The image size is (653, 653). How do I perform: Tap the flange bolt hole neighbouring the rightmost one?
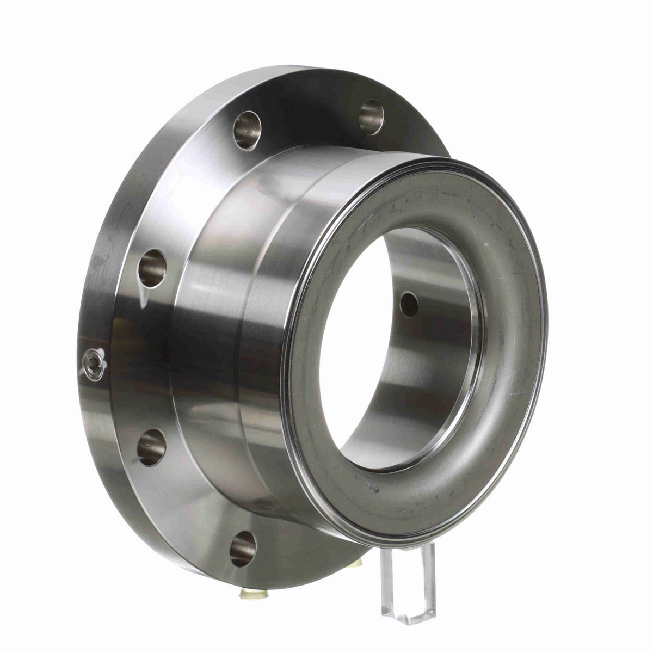tap(248, 130)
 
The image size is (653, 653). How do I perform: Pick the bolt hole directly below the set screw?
tap(150, 447)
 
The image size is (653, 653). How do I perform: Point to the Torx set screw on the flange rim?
tap(94, 360)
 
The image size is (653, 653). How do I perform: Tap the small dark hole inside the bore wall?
tap(409, 305)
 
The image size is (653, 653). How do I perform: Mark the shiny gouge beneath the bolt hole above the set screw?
tap(144, 297)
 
